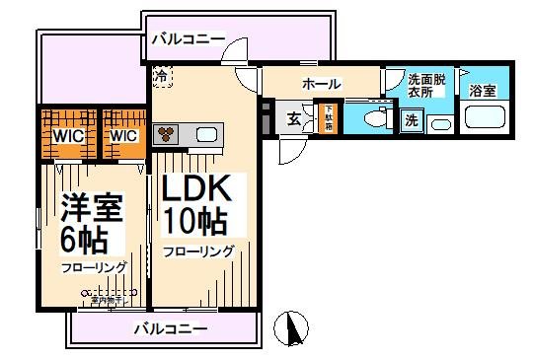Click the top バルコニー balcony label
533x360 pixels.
pos(188,39)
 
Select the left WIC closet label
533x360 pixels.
pos(66,135)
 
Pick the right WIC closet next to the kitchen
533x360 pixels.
pos(123,135)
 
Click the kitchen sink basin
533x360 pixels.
pos(209,134)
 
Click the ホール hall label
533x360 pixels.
pos(321,84)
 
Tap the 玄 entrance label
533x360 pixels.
pos(294,119)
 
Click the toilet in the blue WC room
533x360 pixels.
pos(373,119)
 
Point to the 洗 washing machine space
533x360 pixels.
pos(411,120)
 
